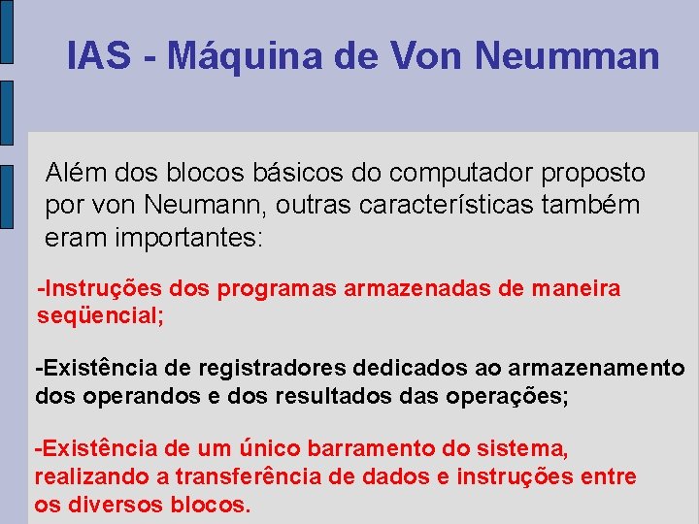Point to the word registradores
click(x=273, y=369)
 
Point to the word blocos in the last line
click(x=209, y=505)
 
